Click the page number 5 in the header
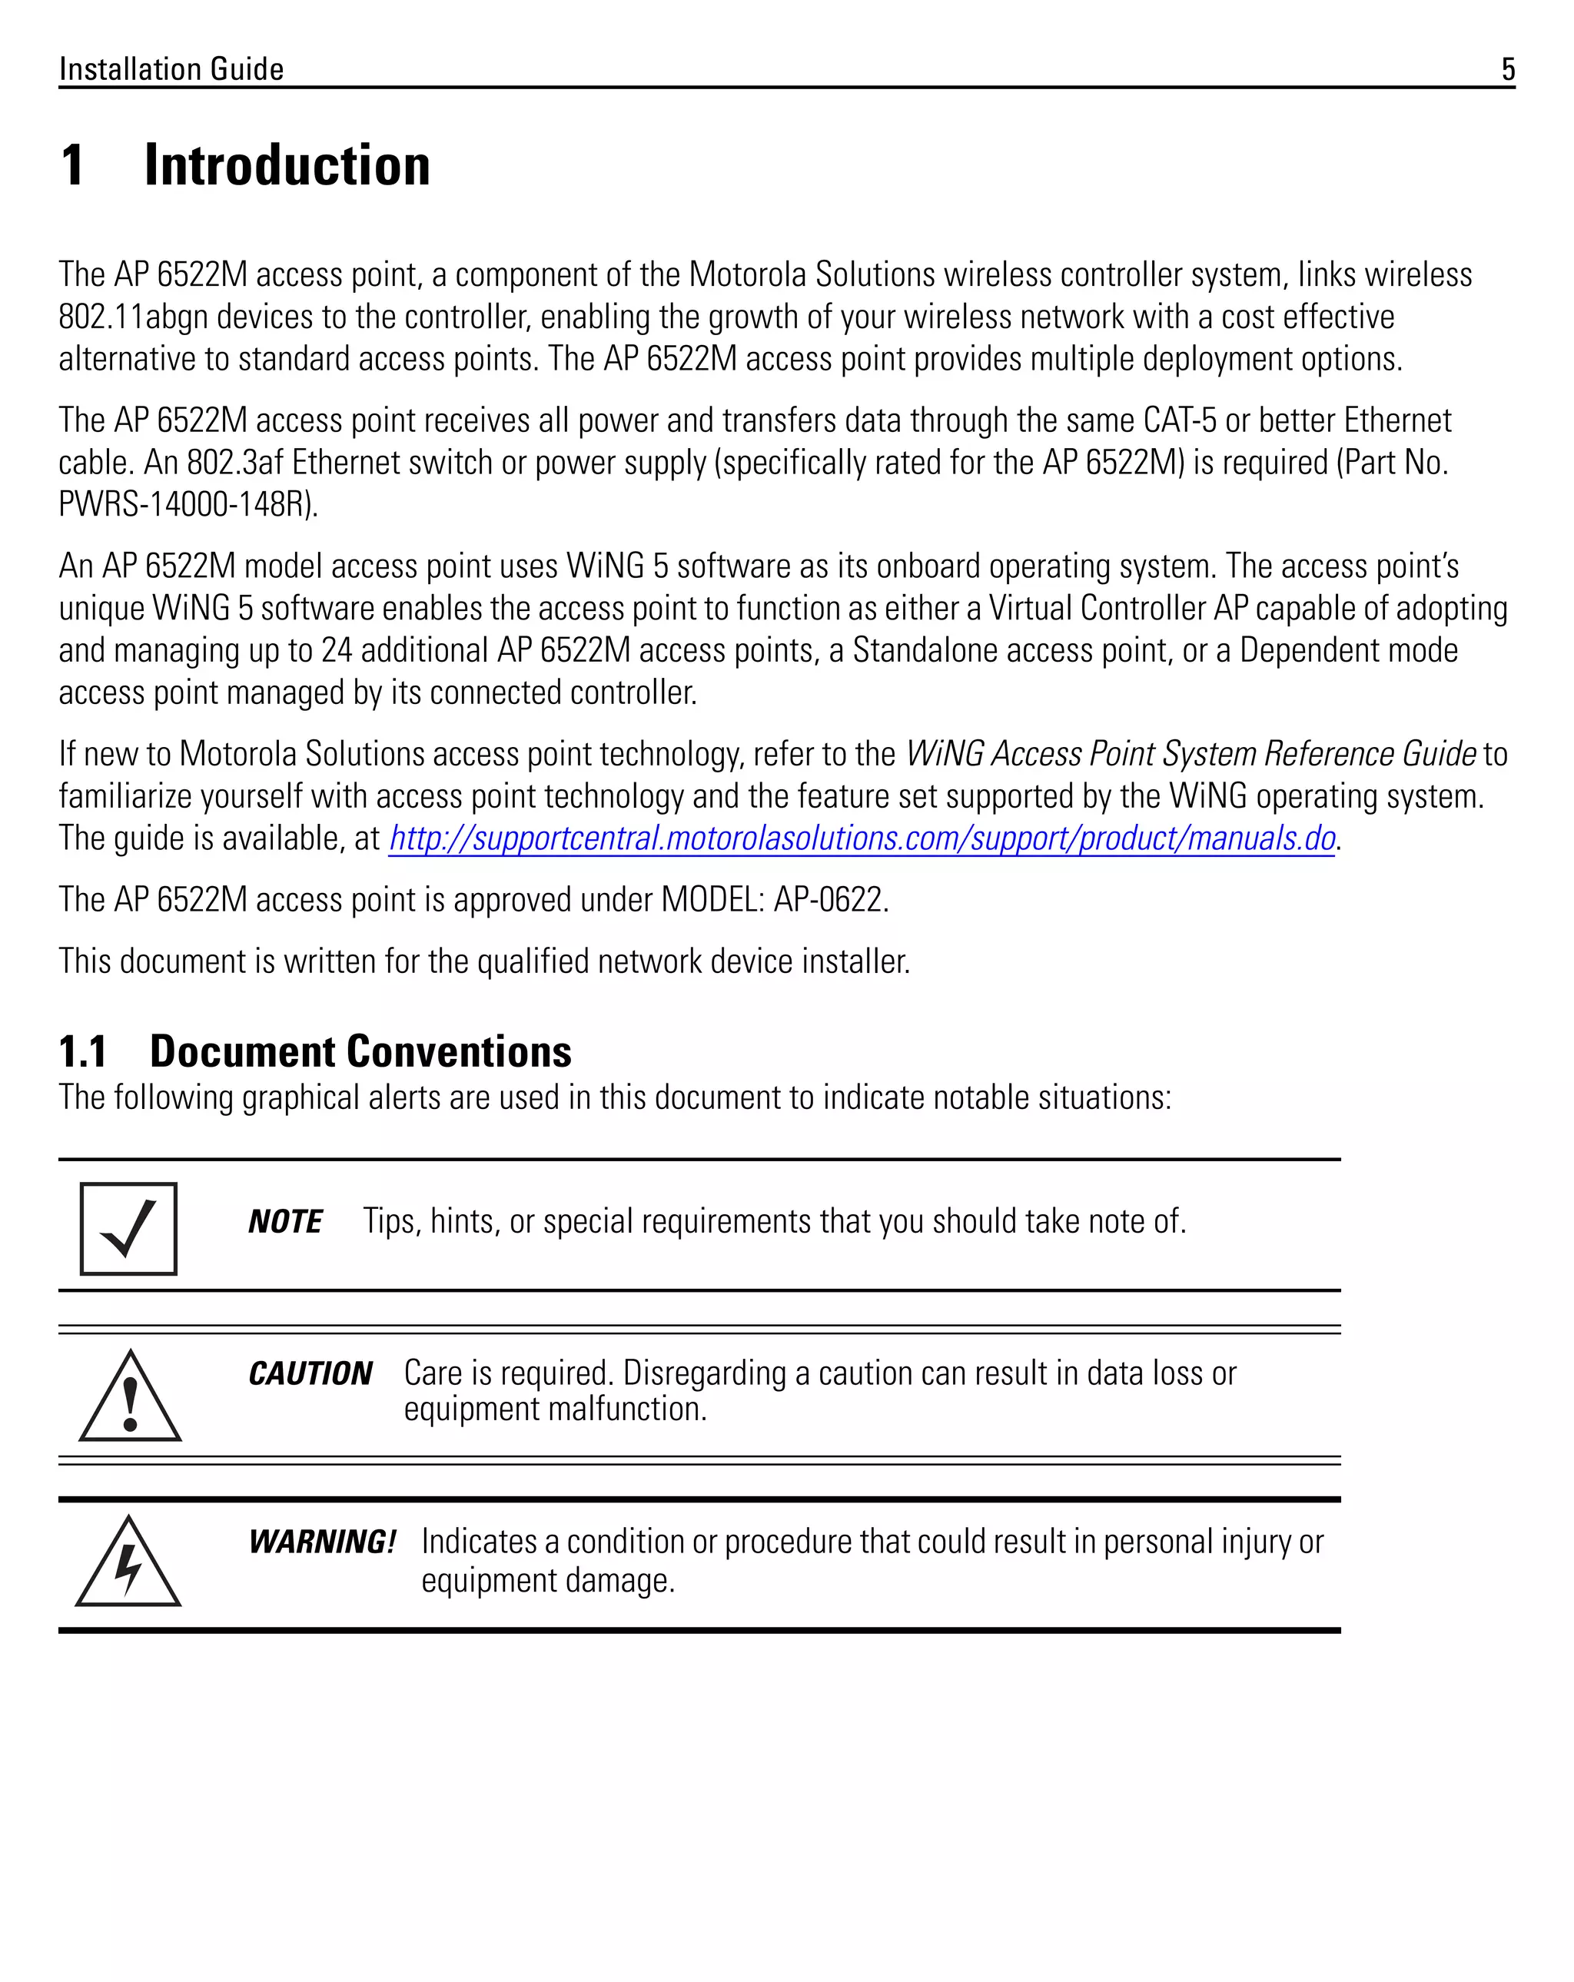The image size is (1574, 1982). coord(1507,70)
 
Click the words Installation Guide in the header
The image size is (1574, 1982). coord(171,70)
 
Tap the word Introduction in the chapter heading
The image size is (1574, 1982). coord(287,167)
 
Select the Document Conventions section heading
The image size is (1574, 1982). coord(360,1051)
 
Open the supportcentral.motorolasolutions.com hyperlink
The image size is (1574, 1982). coord(861,838)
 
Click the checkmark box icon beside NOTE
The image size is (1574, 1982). coord(128,1229)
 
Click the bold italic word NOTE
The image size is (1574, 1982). coord(285,1222)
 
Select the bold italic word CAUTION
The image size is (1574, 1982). coord(310,1373)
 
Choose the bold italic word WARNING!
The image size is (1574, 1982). coord(322,1542)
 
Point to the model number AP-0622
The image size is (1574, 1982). coord(829,900)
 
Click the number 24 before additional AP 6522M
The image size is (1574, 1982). coord(337,651)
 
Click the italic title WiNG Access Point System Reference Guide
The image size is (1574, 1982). coord(1190,754)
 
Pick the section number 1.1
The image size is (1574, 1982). coord(83,1051)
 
